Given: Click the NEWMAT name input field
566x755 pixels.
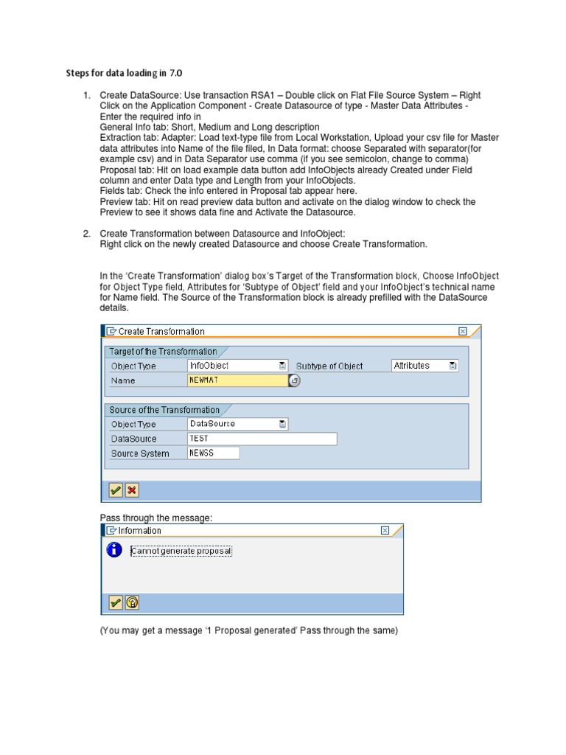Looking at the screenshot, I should pyautogui.click(x=237, y=380).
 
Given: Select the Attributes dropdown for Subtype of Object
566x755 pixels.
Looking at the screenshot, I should pyautogui.click(x=424, y=366).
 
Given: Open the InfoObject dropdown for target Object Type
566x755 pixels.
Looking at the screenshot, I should pyautogui.click(x=237, y=366).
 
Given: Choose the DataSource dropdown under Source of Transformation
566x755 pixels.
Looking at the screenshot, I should pyautogui.click(x=237, y=424).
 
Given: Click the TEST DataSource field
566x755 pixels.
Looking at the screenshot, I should pyautogui.click(x=262, y=439).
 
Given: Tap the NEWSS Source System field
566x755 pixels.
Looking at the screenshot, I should pyautogui.click(x=213, y=453).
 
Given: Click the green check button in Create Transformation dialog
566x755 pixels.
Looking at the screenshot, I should pyautogui.click(x=116, y=490).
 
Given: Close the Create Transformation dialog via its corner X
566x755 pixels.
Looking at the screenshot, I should pyautogui.click(x=462, y=332).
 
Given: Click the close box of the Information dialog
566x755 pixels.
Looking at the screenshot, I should pyautogui.click(x=385, y=531).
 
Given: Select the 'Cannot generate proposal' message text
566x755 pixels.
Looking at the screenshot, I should pyautogui.click(x=181, y=552).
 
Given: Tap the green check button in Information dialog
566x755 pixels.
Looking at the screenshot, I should pyautogui.click(x=116, y=603).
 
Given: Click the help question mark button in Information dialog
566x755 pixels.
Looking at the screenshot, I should pyautogui.click(x=132, y=603).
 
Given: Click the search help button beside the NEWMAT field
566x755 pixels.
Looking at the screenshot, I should pyautogui.click(x=295, y=381).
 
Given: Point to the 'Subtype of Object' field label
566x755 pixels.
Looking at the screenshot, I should pyautogui.click(x=329, y=366).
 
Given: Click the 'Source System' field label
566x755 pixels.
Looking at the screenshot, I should pyautogui.click(x=140, y=454).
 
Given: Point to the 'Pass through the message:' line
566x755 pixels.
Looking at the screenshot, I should pyautogui.click(x=156, y=518).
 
